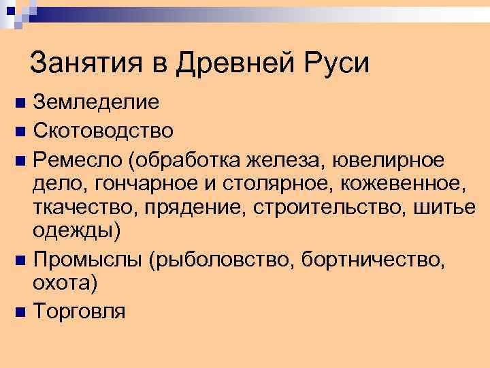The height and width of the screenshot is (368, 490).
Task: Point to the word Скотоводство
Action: (x=103, y=129)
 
